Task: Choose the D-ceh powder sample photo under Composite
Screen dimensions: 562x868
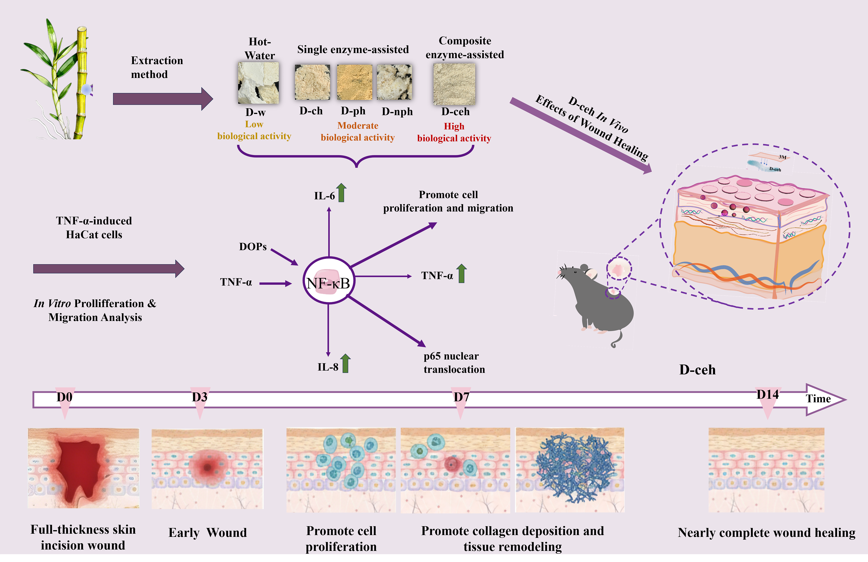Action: point(454,84)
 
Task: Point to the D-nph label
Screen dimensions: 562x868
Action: point(397,112)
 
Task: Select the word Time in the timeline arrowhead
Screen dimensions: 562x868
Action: point(818,399)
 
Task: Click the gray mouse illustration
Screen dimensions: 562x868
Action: point(598,299)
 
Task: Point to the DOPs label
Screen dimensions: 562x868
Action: point(253,247)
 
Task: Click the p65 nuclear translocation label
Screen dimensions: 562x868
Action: point(454,363)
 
